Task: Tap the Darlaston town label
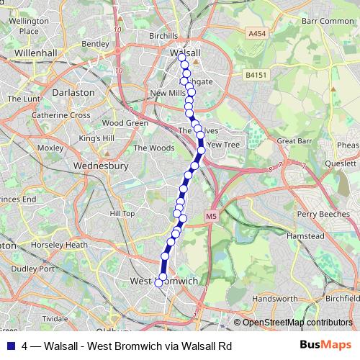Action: pyautogui.click(x=74, y=93)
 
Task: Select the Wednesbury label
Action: pyautogui.click(x=101, y=166)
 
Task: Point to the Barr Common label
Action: pyautogui.click(x=328, y=21)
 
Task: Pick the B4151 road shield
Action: pyautogui.click(x=255, y=74)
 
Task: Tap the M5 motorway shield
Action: pyautogui.click(x=210, y=215)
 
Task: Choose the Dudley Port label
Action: pyautogui.click(x=33, y=269)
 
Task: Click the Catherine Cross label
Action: pyautogui.click(x=60, y=115)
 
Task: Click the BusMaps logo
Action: pyautogui.click(x=325, y=345)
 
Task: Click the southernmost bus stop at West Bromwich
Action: pyautogui.click(x=160, y=283)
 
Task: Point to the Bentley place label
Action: pyautogui.click(x=95, y=43)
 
